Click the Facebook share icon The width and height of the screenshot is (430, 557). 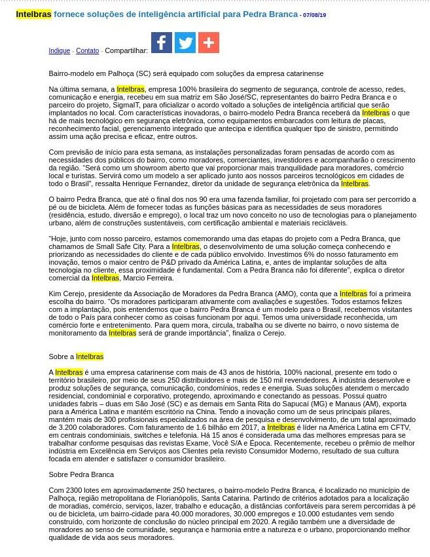click(x=162, y=43)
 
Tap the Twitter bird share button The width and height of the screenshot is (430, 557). click(x=185, y=43)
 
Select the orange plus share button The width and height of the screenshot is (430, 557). click(x=209, y=43)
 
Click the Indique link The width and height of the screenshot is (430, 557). click(x=59, y=51)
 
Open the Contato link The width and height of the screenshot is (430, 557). click(x=87, y=51)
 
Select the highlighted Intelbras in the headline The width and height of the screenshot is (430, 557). click(x=33, y=14)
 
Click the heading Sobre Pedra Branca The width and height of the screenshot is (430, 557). click(x=81, y=474)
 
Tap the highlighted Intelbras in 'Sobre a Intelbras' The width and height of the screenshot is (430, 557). click(x=90, y=356)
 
